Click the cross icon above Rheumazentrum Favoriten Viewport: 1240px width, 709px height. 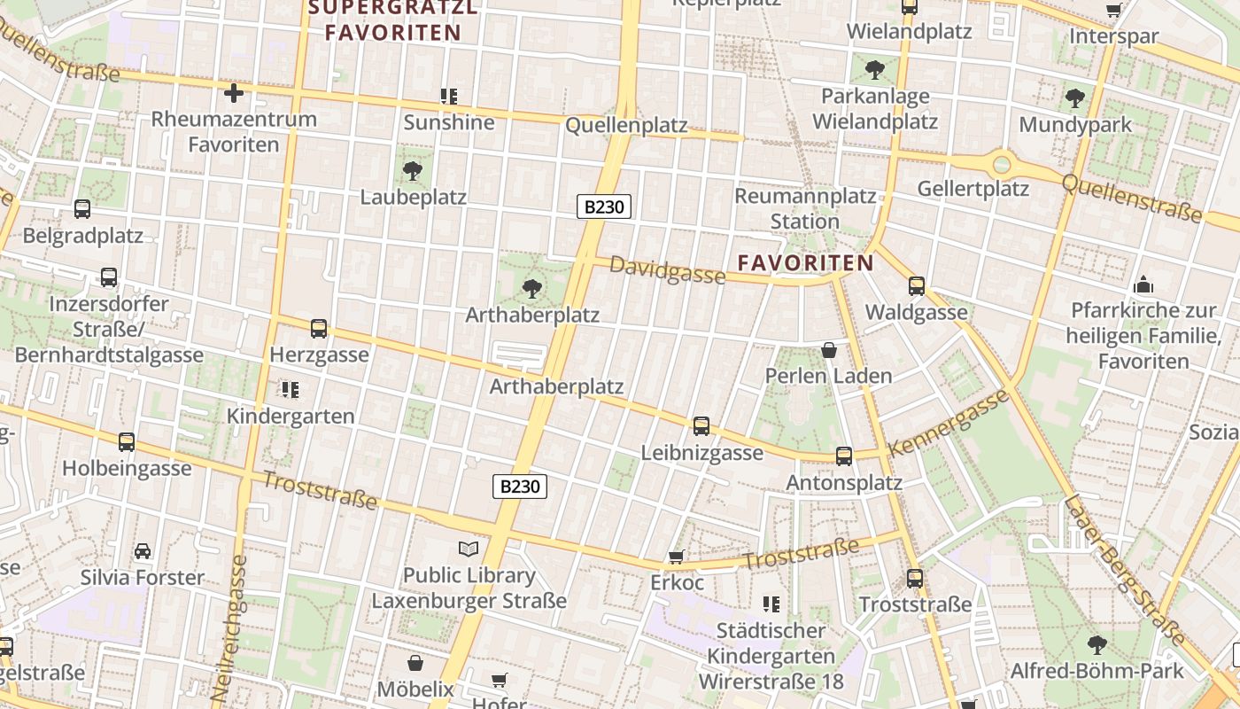[234, 92]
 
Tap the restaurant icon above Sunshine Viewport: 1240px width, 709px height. [448, 96]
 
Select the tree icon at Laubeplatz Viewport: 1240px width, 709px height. [412, 170]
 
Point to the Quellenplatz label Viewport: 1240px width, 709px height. [626, 125]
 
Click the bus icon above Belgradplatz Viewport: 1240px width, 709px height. [82, 209]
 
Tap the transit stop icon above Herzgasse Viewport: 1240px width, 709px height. [319, 329]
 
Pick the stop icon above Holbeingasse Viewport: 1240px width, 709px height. [127, 442]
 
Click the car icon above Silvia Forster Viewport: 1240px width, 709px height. [143, 551]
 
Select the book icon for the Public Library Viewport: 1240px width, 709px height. [469, 549]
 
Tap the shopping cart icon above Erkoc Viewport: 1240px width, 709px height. [676, 557]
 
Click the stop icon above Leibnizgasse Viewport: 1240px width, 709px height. [701, 426]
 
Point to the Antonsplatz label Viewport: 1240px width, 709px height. [844, 482]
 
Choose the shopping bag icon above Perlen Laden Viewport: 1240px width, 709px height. [829, 350]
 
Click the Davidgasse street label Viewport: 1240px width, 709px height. [667, 271]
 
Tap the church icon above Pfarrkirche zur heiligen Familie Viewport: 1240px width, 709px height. [1143, 284]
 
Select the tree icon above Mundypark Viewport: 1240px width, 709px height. [1075, 98]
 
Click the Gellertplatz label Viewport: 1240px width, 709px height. [973, 188]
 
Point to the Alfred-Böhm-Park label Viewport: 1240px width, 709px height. [1097, 670]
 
